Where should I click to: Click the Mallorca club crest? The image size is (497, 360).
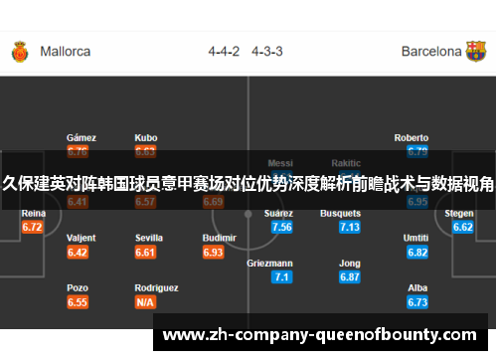tap(19, 51)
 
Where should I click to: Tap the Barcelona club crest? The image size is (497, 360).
tap(476, 51)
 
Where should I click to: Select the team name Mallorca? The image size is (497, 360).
tap(66, 51)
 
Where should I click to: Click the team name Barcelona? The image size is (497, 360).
tap(430, 51)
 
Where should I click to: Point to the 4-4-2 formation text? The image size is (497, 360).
tap(224, 51)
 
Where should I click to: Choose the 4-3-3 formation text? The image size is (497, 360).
tap(267, 51)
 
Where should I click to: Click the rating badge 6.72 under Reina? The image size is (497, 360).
tap(32, 227)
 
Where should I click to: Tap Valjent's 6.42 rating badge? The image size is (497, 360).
tap(78, 252)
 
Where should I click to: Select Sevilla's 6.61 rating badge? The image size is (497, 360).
tap(146, 252)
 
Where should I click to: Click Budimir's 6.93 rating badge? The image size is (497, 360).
tap(213, 252)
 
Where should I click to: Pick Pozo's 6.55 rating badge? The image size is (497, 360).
tap(78, 301)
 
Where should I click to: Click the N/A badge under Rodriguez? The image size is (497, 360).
tap(146, 301)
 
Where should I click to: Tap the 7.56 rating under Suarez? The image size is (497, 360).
tap(281, 227)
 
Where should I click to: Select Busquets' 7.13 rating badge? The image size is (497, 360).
tap(349, 227)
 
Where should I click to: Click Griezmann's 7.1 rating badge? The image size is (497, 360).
tap(281, 276)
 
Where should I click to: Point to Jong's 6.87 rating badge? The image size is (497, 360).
tap(349, 276)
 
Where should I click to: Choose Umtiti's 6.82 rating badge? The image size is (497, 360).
tap(417, 252)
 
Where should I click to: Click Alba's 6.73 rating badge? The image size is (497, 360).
tap(417, 301)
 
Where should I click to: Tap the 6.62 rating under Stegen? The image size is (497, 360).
tap(462, 227)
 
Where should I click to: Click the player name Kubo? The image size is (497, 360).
tap(146, 137)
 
